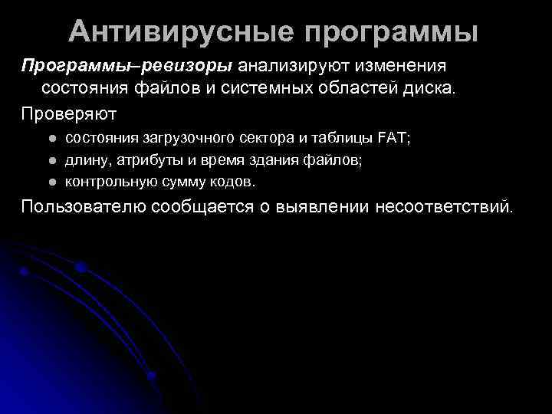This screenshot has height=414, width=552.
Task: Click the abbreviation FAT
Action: [393, 139]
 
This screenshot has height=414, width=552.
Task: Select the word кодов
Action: [233, 182]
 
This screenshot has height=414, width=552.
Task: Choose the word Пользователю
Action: [84, 206]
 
